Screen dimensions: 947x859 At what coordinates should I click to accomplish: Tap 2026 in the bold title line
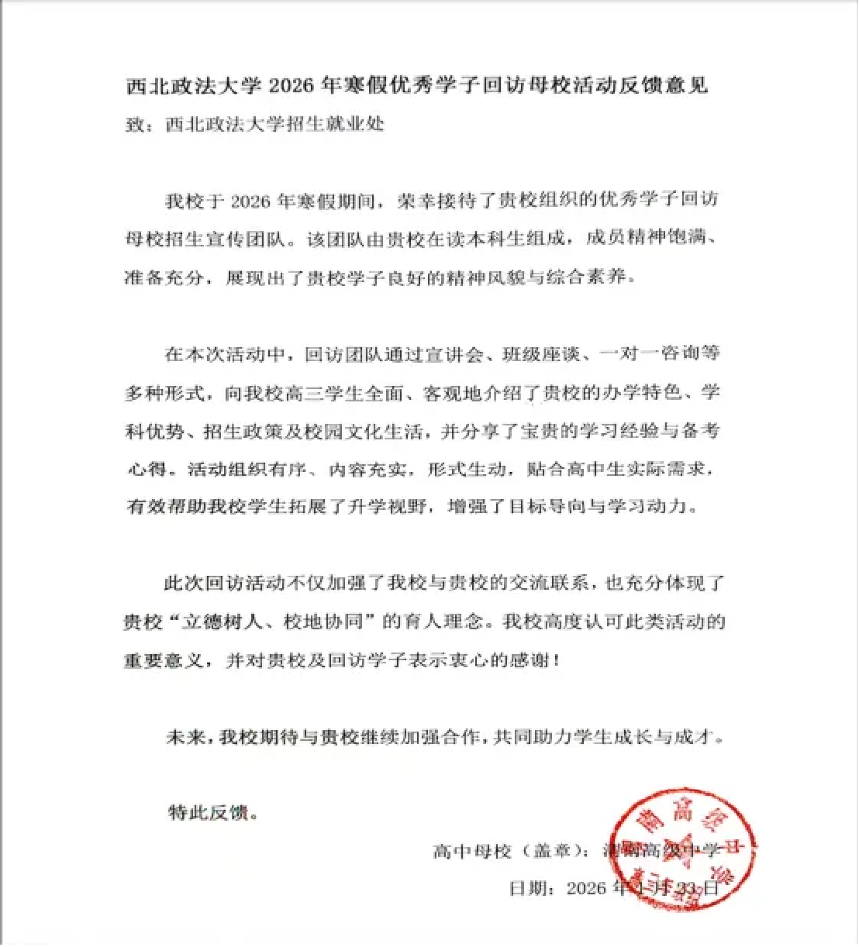click(292, 85)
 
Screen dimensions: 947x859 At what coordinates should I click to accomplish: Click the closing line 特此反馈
click(208, 813)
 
